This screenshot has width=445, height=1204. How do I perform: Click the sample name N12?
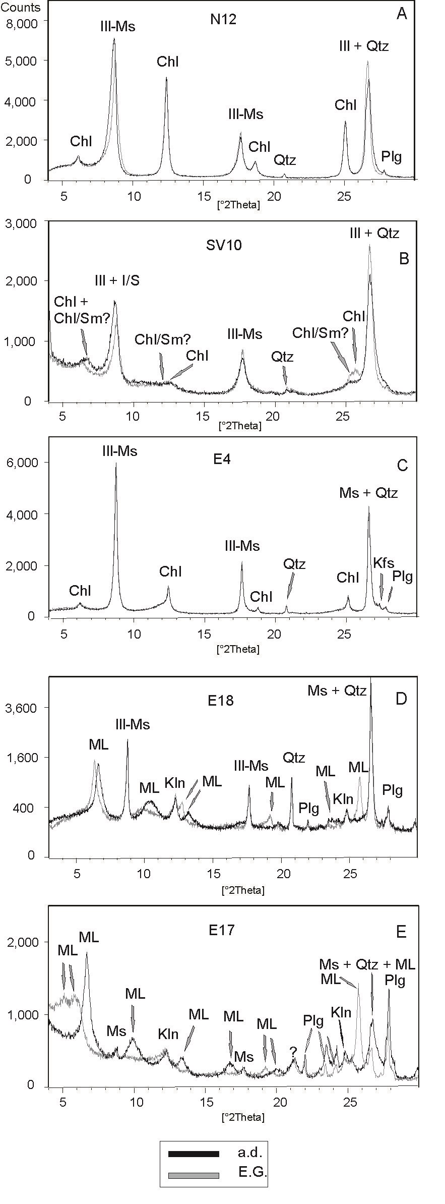point(223,20)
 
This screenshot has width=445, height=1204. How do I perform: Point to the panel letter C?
point(402,465)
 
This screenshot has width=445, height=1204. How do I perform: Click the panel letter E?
point(401,932)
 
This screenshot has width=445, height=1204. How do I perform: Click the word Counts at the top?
point(21,7)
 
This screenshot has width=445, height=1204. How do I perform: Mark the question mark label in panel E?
point(293,1052)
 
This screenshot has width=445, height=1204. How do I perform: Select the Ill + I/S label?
point(117,281)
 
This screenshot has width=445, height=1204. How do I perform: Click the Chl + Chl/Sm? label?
point(82,310)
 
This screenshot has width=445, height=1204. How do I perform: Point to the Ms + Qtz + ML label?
point(367,964)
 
